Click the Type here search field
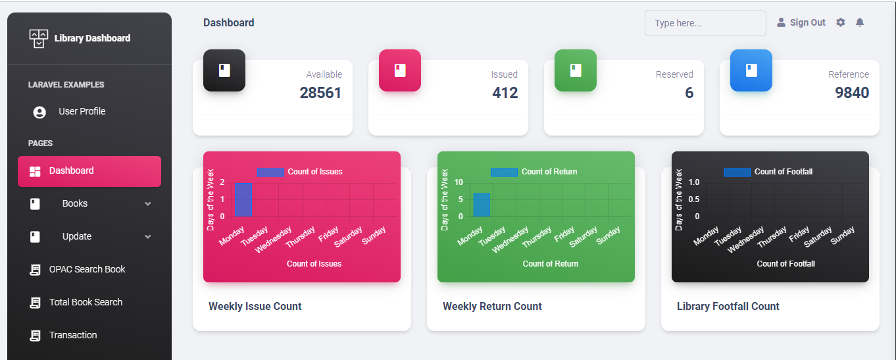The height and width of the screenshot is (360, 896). [x=705, y=23]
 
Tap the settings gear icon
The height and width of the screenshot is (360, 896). [x=840, y=22]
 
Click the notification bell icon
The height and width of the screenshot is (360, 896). [x=859, y=22]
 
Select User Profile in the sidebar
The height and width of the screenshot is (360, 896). [x=82, y=111]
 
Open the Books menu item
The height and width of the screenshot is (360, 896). [x=74, y=203]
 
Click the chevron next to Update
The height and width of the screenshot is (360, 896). [x=147, y=237]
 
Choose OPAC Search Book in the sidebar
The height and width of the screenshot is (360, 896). [x=87, y=269]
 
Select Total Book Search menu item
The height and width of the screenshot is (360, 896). [x=86, y=302]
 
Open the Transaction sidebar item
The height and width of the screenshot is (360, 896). [x=72, y=335]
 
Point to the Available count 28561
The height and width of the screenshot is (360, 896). [x=320, y=93]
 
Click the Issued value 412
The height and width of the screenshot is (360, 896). [x=505, y=93]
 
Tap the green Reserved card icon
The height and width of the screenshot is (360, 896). [x=576, y=70]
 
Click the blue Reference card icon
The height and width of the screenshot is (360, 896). [x=751, y=70]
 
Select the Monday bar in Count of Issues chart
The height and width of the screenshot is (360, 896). [x=243, y=199]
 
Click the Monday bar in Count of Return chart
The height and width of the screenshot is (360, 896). [x=482, y=205]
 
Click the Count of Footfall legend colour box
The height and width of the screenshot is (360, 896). [x=737, y=172]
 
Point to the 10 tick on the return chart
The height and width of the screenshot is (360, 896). [x=459, y=182]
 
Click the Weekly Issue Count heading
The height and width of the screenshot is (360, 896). [x=255, y=306]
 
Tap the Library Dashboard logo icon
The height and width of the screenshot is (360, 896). [x=39, y=38]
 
